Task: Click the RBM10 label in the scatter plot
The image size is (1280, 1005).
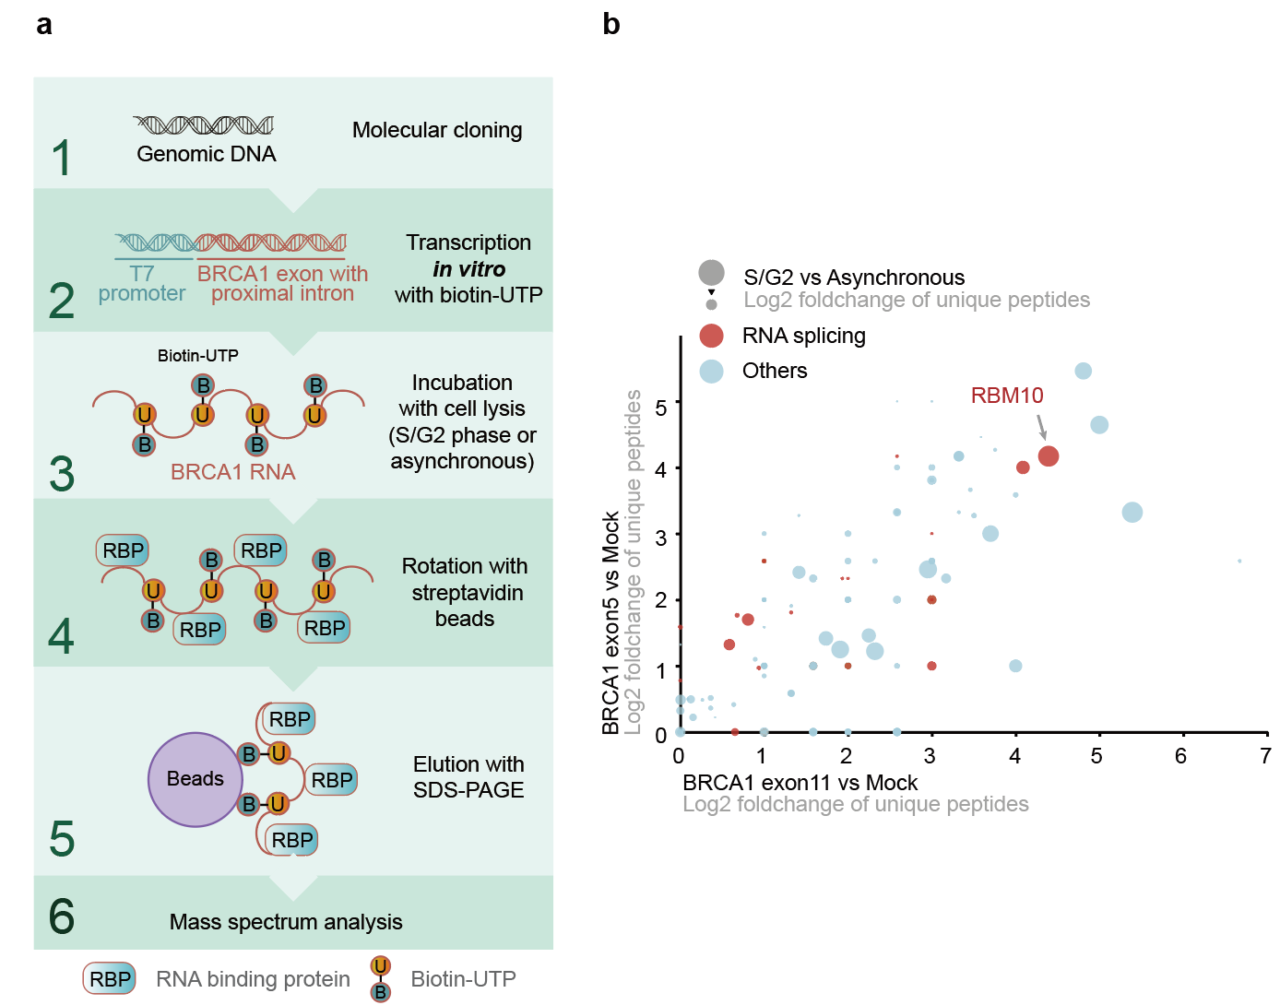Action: (x=1007, y=396)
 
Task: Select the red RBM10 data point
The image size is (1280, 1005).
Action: (x=1048, y=456)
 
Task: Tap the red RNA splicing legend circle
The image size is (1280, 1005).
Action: (x=711, y=336)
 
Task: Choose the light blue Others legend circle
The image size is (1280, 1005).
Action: (x=711, y=372)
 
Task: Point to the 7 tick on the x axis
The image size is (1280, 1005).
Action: (x=1265, y=756)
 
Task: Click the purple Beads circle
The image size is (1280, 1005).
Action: (x=196, y=779)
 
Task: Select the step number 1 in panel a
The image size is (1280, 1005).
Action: (x=62, y=158)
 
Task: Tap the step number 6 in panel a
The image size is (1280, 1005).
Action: (x=62, y=916)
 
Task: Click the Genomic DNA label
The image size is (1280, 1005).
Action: (x=207, y=154)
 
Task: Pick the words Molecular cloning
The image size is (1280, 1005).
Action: (x=437, y=130)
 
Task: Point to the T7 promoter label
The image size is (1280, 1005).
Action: (x=142, y=284)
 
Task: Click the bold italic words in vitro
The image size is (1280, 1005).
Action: (x=468, y=269)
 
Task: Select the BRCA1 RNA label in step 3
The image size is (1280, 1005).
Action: (x=232, y=472)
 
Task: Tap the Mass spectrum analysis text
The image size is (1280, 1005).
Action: (x=286, y=922)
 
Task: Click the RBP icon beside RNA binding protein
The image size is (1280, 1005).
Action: (x=110, y=979)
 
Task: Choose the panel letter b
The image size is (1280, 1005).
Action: (x=611, y=24)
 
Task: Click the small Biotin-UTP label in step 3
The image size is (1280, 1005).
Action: (x=197, y=356)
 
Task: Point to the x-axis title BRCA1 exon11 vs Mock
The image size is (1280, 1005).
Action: (x=800, y=783)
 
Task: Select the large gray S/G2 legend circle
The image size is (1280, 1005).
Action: (x=711, y=272)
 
